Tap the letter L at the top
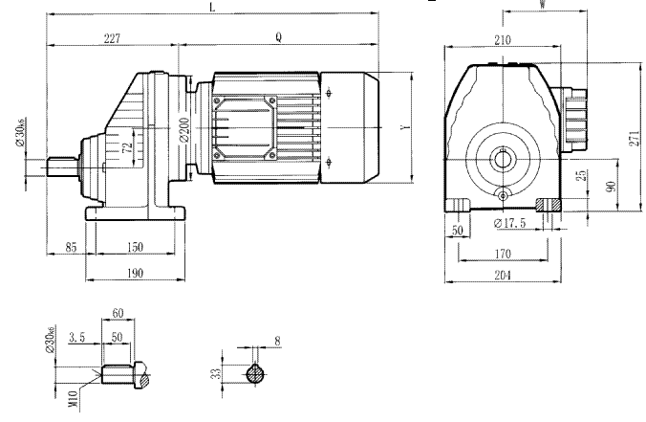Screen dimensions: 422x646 211,7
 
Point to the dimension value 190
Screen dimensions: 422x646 133,273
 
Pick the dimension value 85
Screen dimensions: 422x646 70,247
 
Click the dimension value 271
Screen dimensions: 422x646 634,137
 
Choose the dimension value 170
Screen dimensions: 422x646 503,254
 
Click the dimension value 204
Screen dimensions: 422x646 503,276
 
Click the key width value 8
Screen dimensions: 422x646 277,340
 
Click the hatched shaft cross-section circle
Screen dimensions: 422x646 255,374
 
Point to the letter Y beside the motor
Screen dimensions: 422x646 405,126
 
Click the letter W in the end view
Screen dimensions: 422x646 542,5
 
